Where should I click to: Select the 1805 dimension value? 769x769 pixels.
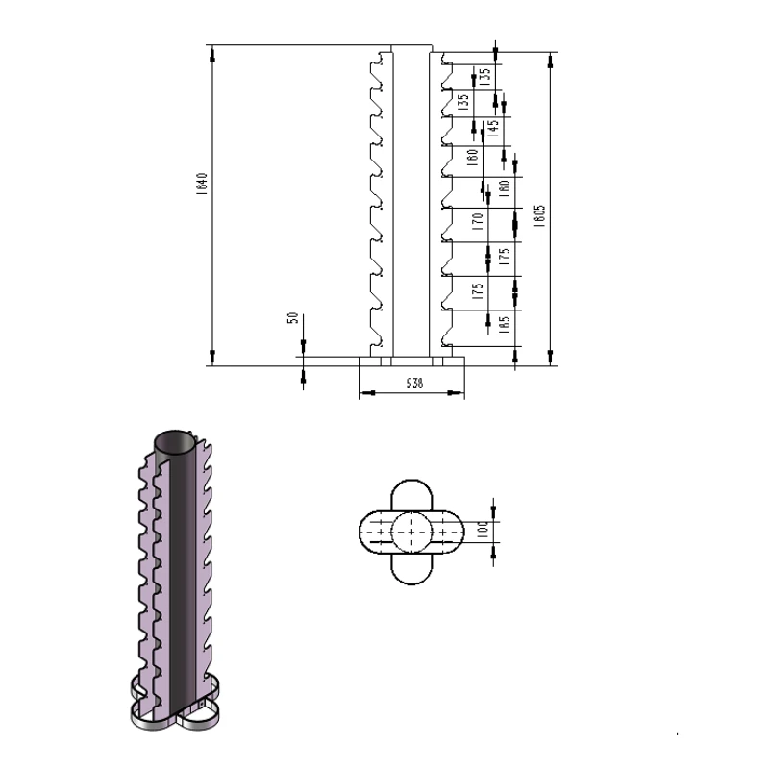[x=541, y=214]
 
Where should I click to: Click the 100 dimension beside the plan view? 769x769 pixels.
[x=484, y=529]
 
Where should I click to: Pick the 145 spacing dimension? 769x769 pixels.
[x=494, y=129]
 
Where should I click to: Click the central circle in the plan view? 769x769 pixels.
[x=413, y=531]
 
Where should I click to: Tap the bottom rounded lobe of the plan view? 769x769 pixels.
[x=413, y=569]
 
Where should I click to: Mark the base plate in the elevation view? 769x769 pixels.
[x=411, y=362]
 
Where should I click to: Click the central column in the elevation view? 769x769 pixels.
[x=411, y=202]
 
